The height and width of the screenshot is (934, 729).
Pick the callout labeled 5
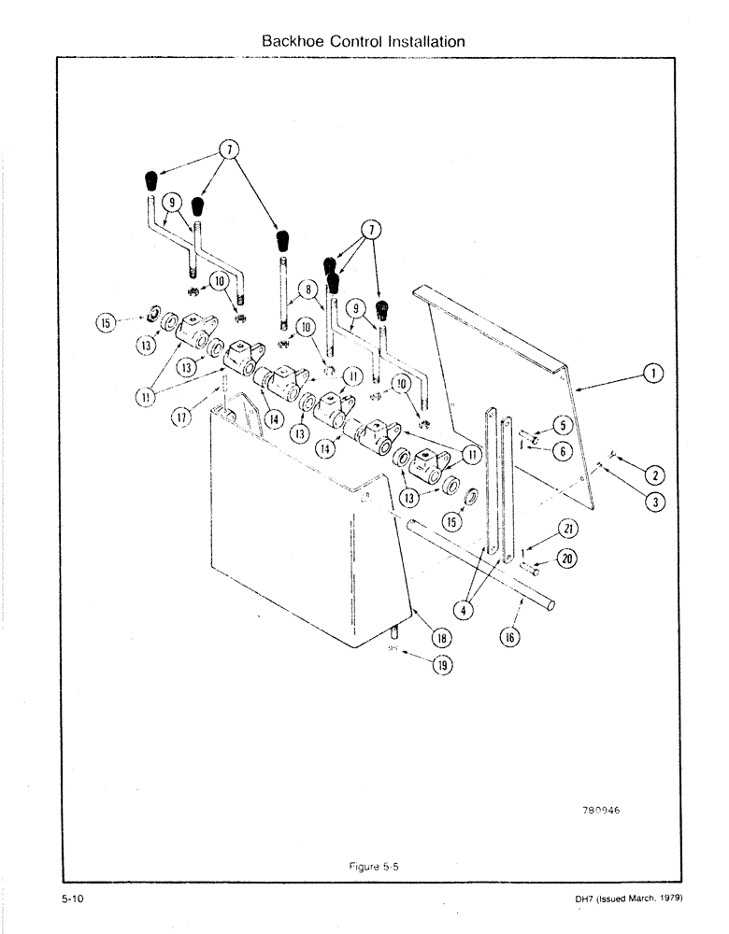[x=561, y=425]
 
